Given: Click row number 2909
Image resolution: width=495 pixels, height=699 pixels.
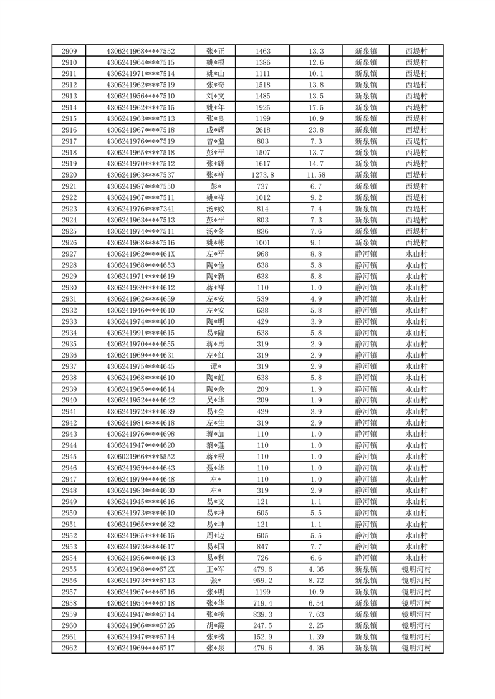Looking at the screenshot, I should pyautogui.click(x=69, y=51).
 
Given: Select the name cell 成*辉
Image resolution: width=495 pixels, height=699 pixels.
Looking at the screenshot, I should pyautogui.click(x=216, y=130).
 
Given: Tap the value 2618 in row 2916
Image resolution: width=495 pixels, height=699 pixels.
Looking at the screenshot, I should pyautogui.click(x=262, y=130).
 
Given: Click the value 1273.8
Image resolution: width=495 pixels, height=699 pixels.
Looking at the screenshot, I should pyautogui.click(x=262, y=175).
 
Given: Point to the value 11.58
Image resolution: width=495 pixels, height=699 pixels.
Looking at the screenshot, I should pyautogui.click(x=316, y=175).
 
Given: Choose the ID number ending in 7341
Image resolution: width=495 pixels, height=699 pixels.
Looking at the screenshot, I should pyautogui.click(x=141, y=209).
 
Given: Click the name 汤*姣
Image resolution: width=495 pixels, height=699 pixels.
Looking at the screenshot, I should pyautogui.click(x=216, y=209).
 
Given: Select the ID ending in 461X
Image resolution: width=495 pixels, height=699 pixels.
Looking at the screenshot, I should pyautogui.click(x=141, y=254).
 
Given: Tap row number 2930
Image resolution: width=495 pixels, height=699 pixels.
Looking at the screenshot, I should pyautogui.click(x=69, y=288).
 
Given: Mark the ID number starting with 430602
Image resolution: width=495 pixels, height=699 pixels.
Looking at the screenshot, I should pyautogui.click(x=141, y=457).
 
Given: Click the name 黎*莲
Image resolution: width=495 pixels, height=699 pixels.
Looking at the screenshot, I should pyautogui.click(x=216, y=445).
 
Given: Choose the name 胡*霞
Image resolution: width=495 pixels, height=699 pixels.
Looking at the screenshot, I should pyautogui.click(x=216, y=625).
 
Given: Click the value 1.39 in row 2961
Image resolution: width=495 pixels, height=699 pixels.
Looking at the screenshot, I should pyautogui.click(x=316, y=637).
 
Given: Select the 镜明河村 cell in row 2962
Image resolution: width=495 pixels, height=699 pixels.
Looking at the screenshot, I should pyautogui.click(x=416, y=649).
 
